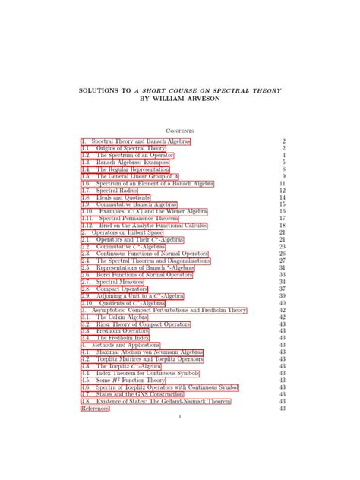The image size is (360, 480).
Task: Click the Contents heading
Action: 180,129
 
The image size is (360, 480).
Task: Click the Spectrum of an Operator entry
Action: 131,155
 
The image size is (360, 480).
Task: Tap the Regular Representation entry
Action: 131,169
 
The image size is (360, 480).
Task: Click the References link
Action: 95,409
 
